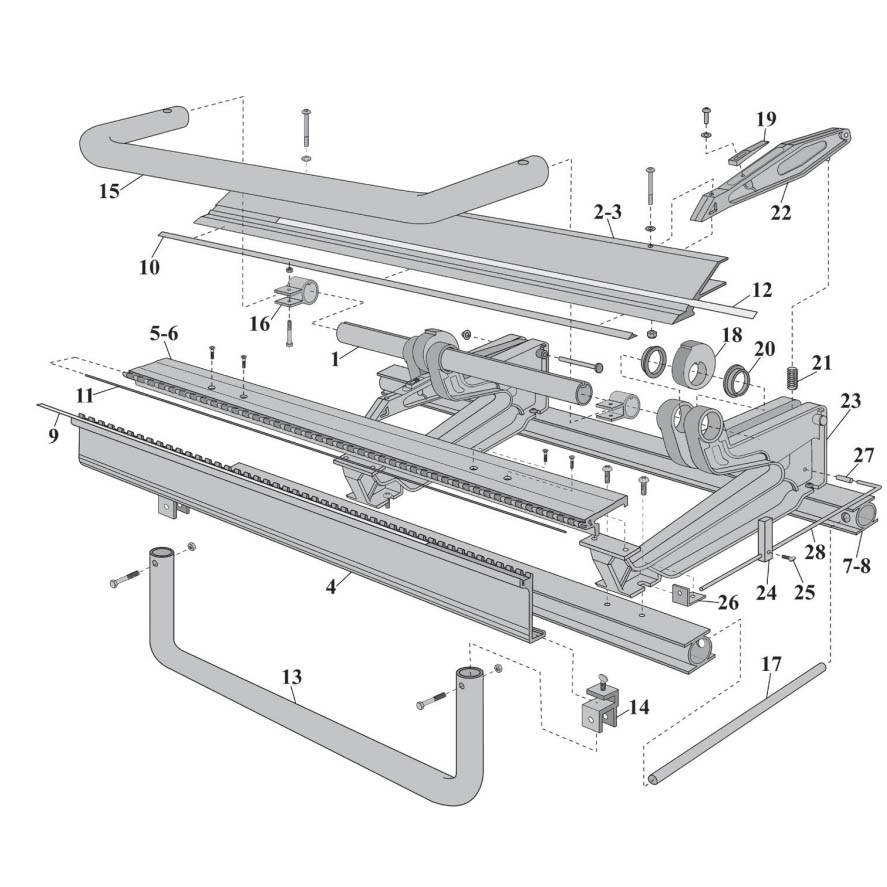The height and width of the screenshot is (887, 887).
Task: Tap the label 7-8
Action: click(x=856, y=565)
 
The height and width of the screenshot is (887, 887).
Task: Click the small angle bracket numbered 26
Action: click(x=686, y=595)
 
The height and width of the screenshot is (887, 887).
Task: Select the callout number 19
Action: click(x=765, y=119)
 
